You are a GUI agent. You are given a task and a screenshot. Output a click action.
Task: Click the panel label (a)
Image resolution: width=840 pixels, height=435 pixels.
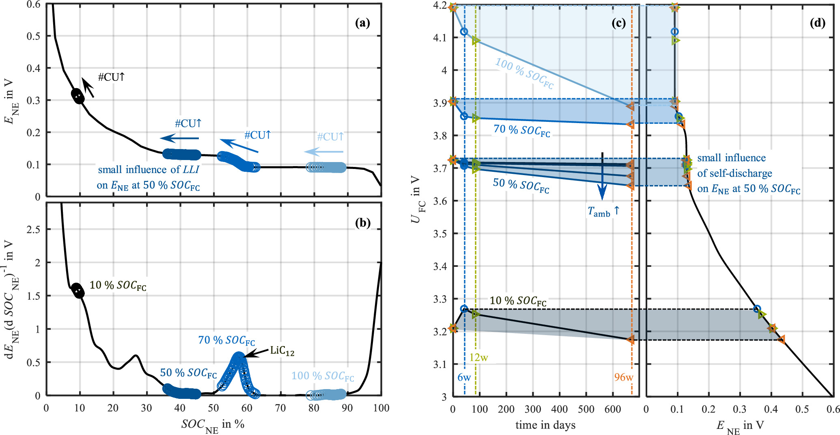(362, 23)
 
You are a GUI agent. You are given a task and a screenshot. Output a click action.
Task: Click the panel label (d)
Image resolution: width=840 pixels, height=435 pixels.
(817, 23)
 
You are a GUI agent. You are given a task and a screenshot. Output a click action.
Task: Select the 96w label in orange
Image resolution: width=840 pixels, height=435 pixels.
(623, 377)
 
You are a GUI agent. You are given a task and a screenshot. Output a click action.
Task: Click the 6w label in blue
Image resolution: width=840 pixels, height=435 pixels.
(464, 377)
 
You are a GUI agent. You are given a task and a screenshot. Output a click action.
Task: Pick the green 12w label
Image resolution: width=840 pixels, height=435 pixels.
(478, 357)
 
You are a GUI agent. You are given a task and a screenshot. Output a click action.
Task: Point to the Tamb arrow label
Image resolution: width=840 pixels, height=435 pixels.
(603, 211)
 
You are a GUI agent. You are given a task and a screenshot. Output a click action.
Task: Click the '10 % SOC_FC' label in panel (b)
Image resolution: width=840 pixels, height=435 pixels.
(118, 286)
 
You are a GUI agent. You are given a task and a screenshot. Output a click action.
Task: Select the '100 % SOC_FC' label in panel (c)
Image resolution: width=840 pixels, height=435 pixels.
(524, 73)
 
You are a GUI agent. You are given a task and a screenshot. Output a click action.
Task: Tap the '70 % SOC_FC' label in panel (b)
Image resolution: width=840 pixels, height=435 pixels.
(226, 340)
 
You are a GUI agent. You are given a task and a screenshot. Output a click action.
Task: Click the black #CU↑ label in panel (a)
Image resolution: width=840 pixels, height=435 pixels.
(111, 77)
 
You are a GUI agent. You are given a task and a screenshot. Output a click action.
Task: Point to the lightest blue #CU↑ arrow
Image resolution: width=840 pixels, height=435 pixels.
(324, 152)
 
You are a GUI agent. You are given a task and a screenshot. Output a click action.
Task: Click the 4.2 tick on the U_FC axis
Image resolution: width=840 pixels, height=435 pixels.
(440, 6)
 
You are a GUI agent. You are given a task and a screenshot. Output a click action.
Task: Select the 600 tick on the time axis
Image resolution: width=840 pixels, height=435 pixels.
(613, 409)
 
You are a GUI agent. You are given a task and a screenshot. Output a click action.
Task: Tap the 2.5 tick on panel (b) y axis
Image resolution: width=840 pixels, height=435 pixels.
(33, 230)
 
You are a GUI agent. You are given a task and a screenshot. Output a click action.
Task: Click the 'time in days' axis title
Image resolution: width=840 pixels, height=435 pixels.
(545, 425)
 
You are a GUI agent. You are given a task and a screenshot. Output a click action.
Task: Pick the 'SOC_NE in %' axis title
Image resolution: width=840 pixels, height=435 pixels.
(213, 425)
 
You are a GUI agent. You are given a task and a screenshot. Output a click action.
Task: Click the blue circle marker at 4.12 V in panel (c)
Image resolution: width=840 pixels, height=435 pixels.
(464, 32)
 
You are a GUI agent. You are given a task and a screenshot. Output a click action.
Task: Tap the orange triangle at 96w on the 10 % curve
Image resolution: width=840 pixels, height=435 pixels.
(630, 340)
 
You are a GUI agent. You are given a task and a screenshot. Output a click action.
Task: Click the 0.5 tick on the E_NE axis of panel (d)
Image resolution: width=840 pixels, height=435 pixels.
(802, 409)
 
